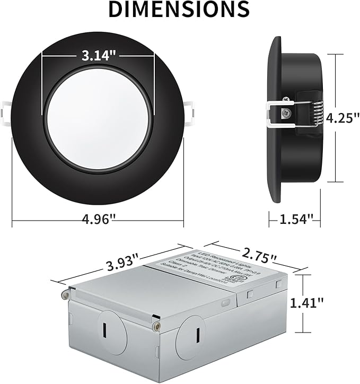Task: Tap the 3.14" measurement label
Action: coord(98,55)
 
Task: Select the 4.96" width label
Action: coord(98,219)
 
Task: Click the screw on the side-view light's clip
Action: coord(287,112)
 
